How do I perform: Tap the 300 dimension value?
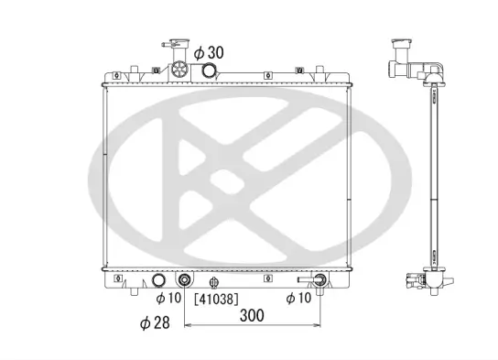[x=253, y=316]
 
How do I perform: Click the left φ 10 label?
[x=168, y=298]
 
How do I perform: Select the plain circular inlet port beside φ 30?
[x=211, y=72]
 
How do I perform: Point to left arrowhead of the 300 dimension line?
[x=189, y=325]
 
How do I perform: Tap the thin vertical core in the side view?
[x=427, y=174]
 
